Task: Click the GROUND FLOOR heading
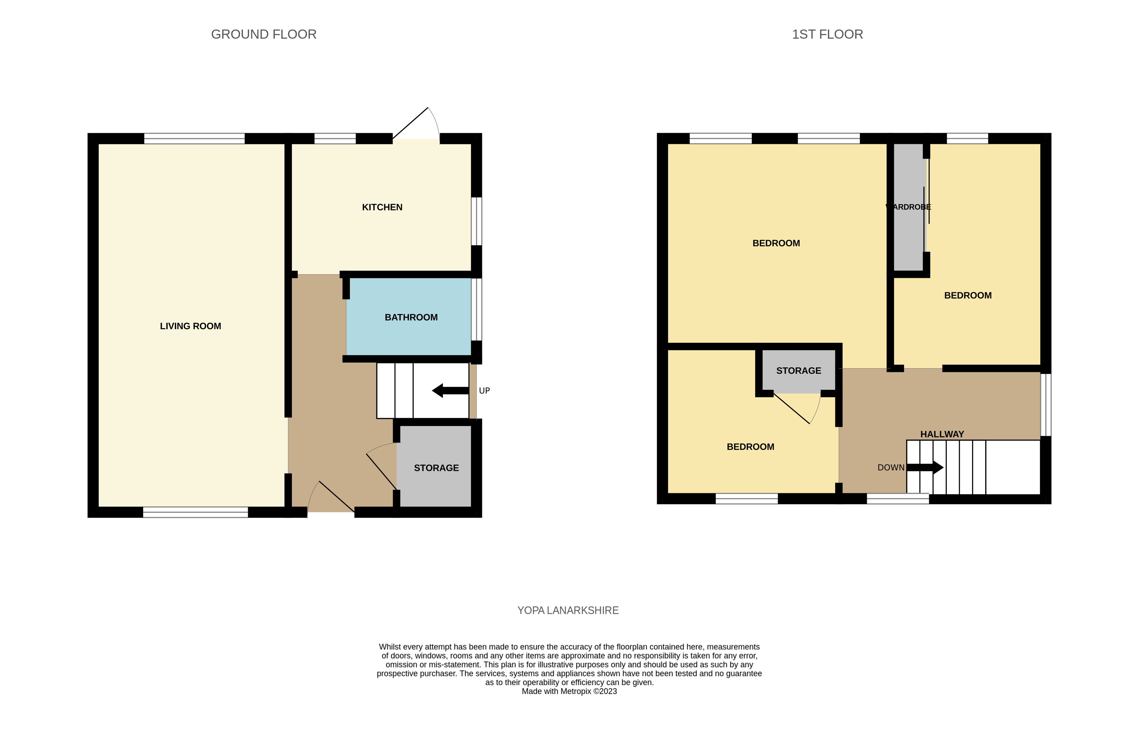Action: (263, 34)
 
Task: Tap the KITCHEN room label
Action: (382, 207)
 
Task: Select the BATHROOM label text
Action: (411, 317)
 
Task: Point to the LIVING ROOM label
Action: (190, 326)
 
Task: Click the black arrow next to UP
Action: (450, 391)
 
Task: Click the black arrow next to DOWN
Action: (925, 468)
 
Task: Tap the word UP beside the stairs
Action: (484, 391)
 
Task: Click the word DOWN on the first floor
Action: (890, 468)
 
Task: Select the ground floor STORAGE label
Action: (436, 468)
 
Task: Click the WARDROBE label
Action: (908, 207)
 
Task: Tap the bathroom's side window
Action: (476, 309)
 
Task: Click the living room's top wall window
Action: (194, 139)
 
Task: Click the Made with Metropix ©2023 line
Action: (569, 691)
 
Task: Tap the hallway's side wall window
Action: (1045, 404)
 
